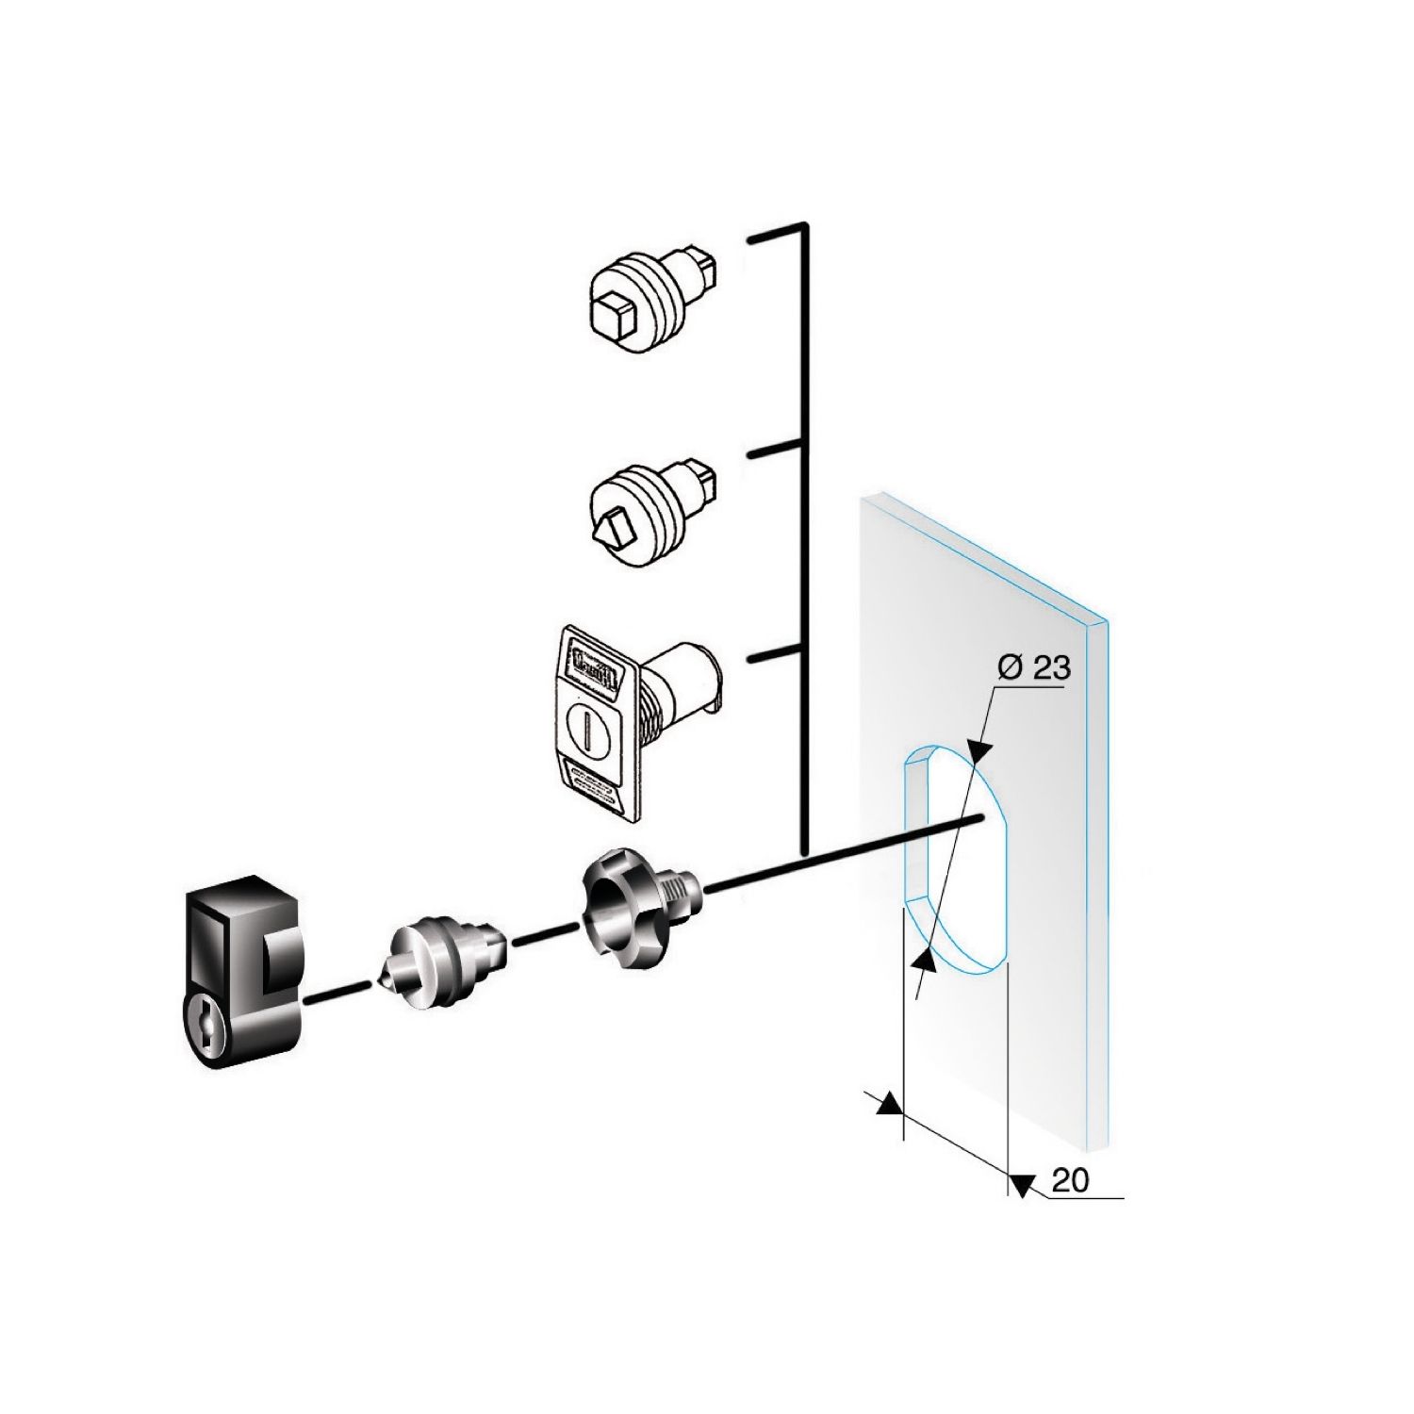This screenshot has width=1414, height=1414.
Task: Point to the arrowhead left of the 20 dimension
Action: coord(886,1104)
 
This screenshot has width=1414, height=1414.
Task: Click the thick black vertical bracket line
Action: coord(803,537)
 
